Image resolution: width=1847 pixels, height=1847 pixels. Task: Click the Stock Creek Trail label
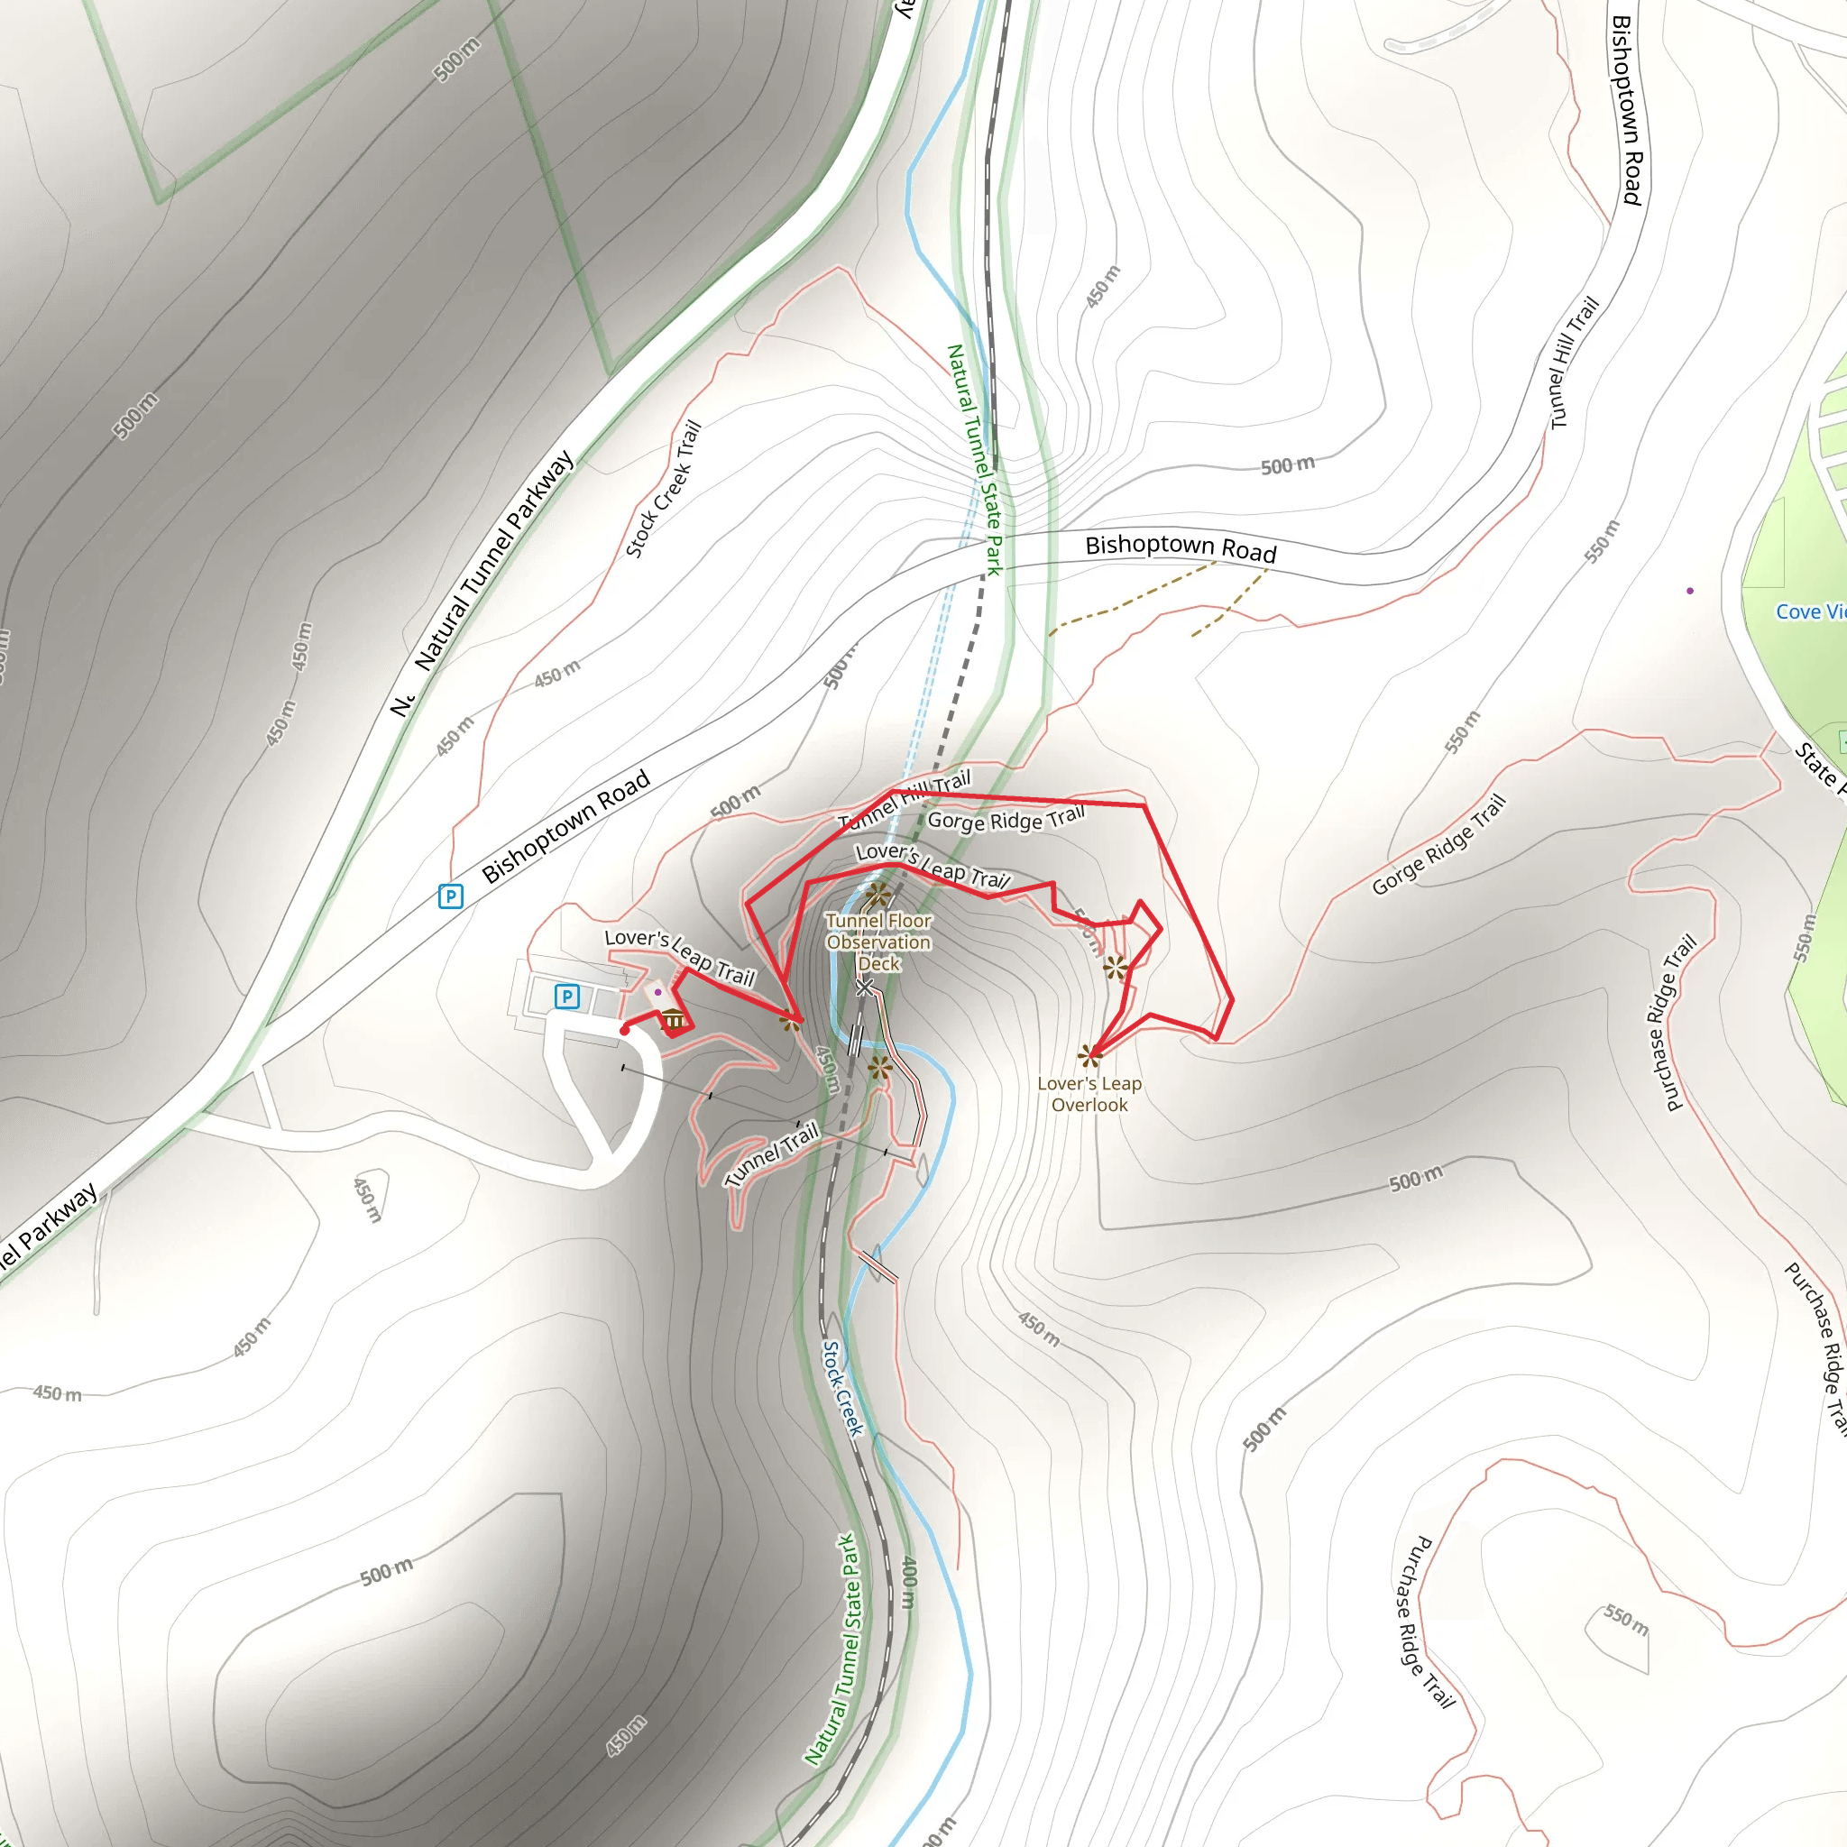click(664, 489)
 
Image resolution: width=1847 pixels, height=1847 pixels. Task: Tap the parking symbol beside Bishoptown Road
click(450, 896)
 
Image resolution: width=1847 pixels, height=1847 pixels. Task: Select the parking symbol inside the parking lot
click(567, 997)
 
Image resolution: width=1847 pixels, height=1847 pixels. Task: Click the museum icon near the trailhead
click(674, 1019)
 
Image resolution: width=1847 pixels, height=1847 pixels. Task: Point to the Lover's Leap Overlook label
click(1089, 1094)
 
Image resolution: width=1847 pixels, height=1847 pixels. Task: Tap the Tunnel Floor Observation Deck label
click(878, 942)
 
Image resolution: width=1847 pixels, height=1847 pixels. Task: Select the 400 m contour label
click(910, 1582)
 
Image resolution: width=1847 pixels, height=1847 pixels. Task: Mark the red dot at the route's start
click(624, 1031)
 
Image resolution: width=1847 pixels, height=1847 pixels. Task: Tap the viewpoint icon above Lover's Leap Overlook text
click(1089, 1055)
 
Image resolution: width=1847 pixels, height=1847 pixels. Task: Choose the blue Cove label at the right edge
click(1809, 611)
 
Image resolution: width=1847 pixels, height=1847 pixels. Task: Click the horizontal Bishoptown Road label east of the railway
click(1181, 547)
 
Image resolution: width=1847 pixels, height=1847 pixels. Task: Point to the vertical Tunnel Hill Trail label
click(1574, 363)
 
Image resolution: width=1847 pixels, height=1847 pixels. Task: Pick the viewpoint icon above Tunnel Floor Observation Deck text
click(878, 896)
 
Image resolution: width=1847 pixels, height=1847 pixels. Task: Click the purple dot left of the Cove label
click(1690, 591)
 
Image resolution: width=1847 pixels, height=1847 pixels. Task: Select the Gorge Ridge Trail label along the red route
click(1006, 819)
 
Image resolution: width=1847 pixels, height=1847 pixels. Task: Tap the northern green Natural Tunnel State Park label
click(974, 459)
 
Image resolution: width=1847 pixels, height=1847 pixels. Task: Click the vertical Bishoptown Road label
click(1627, 110)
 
